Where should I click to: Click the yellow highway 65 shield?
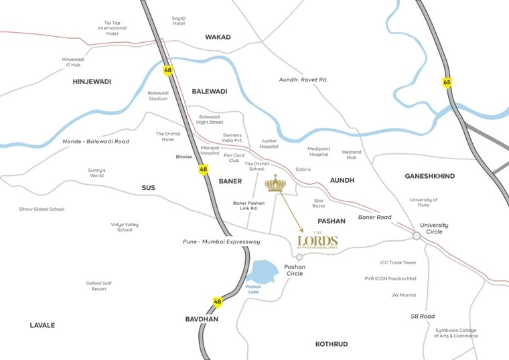coord(447,82)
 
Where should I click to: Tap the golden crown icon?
coord(275,183)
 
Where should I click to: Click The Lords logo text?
coord(317,242)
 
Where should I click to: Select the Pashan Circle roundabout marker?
coord(299,257)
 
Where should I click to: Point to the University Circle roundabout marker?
coord(417,236)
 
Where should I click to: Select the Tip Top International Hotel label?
coord(112,28)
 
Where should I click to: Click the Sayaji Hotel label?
coord(178,20)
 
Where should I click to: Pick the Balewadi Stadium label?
coord(158,96)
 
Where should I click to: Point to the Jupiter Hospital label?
coord(269,143)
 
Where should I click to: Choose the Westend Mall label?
coord(351,155)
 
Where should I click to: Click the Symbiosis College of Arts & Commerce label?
coord(456,333)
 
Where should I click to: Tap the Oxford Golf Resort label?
coord(99,286)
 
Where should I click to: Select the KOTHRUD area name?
coord(332,344)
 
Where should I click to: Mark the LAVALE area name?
coord(42,325)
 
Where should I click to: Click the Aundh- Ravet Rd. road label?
coord(303,80)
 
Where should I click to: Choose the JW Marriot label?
coord(404,294)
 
